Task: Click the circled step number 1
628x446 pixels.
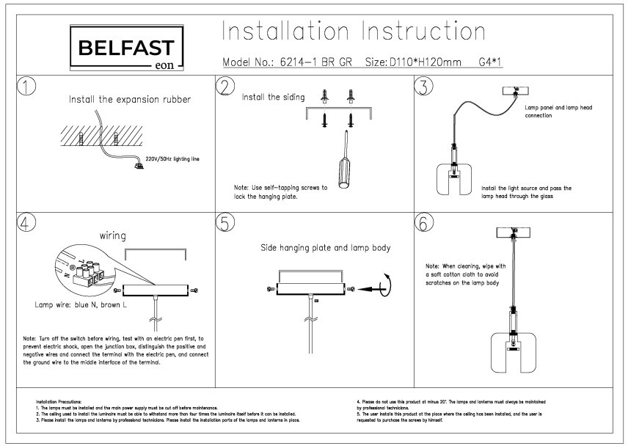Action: coord(27,87)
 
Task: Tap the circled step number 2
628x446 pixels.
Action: coord(227,87)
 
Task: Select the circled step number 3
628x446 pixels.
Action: coord(425,87)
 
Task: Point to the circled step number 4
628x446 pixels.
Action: coord(27,223)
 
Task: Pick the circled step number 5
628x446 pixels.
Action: coord(227,223)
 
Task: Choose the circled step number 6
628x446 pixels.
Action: coord(425,223)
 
